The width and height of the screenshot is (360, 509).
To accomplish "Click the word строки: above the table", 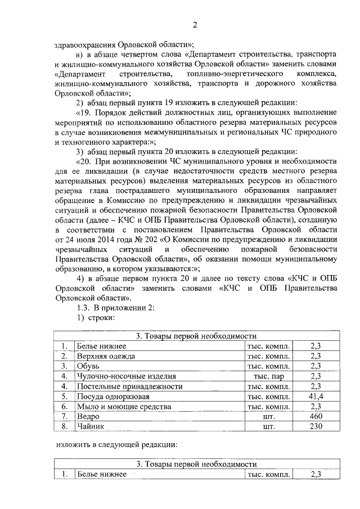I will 101,317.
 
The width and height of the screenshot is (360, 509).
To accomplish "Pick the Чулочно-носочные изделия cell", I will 127,376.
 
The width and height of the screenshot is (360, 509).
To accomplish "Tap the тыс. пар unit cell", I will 268,376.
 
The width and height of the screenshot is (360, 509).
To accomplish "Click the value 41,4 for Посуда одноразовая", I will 315,397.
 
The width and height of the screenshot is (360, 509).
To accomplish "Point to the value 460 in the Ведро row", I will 315,417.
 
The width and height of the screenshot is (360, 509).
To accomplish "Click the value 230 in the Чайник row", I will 315,427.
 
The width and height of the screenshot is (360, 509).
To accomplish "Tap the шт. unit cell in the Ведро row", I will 268,417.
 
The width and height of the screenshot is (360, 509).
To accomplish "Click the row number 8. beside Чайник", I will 65,427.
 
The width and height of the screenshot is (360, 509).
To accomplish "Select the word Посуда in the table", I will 91,397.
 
